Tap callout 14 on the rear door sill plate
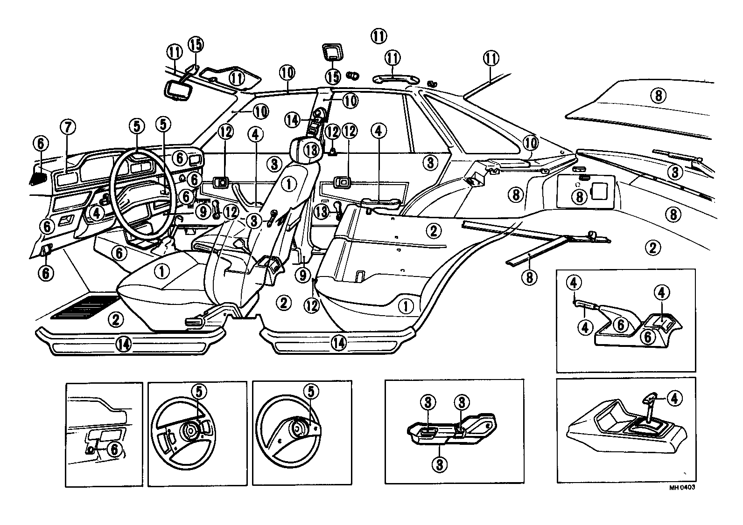(x=339, y=343)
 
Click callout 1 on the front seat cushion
(x=161, y=271)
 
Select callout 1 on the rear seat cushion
(x=406, y=306)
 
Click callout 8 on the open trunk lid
(x=658, y=96)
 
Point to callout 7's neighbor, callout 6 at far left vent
(x=41, y=144)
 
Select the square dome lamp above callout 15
(x=332, y=52)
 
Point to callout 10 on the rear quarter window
(x=531, y=141)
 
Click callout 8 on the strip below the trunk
(x=529, y=278)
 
